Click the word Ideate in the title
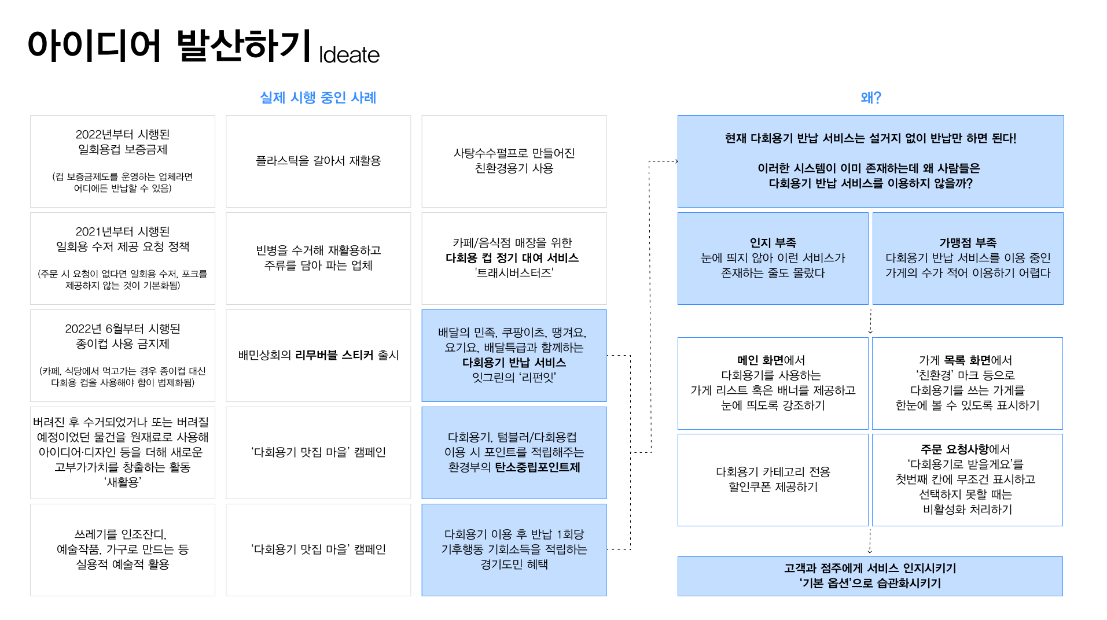[x=349, y=55]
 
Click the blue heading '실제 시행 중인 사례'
[x=318, y=98]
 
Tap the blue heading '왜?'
[x=870, y=98]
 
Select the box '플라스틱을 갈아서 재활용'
[x=318, y=161]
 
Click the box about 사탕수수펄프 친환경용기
[x=514, y=161]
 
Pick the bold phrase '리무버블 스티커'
[x=334, y=355]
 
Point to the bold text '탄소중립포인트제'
[x=537, y=467]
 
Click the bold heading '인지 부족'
[x=773, y=243]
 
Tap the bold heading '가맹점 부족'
[x=968, y=243]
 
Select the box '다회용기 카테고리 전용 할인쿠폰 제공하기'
[x=773, y=479]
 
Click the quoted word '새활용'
[x=123, y=482]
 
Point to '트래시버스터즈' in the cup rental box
[x=514, y=273]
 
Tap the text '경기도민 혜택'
[x=514, y=564]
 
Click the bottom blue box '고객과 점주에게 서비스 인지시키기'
[x=870, y=576]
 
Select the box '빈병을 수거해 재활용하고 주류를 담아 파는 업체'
[x=318, y=258]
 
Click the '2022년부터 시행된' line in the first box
[x=123, y=135]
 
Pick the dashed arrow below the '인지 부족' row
[x=870, y=321]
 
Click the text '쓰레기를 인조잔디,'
[x=120, y=534]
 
